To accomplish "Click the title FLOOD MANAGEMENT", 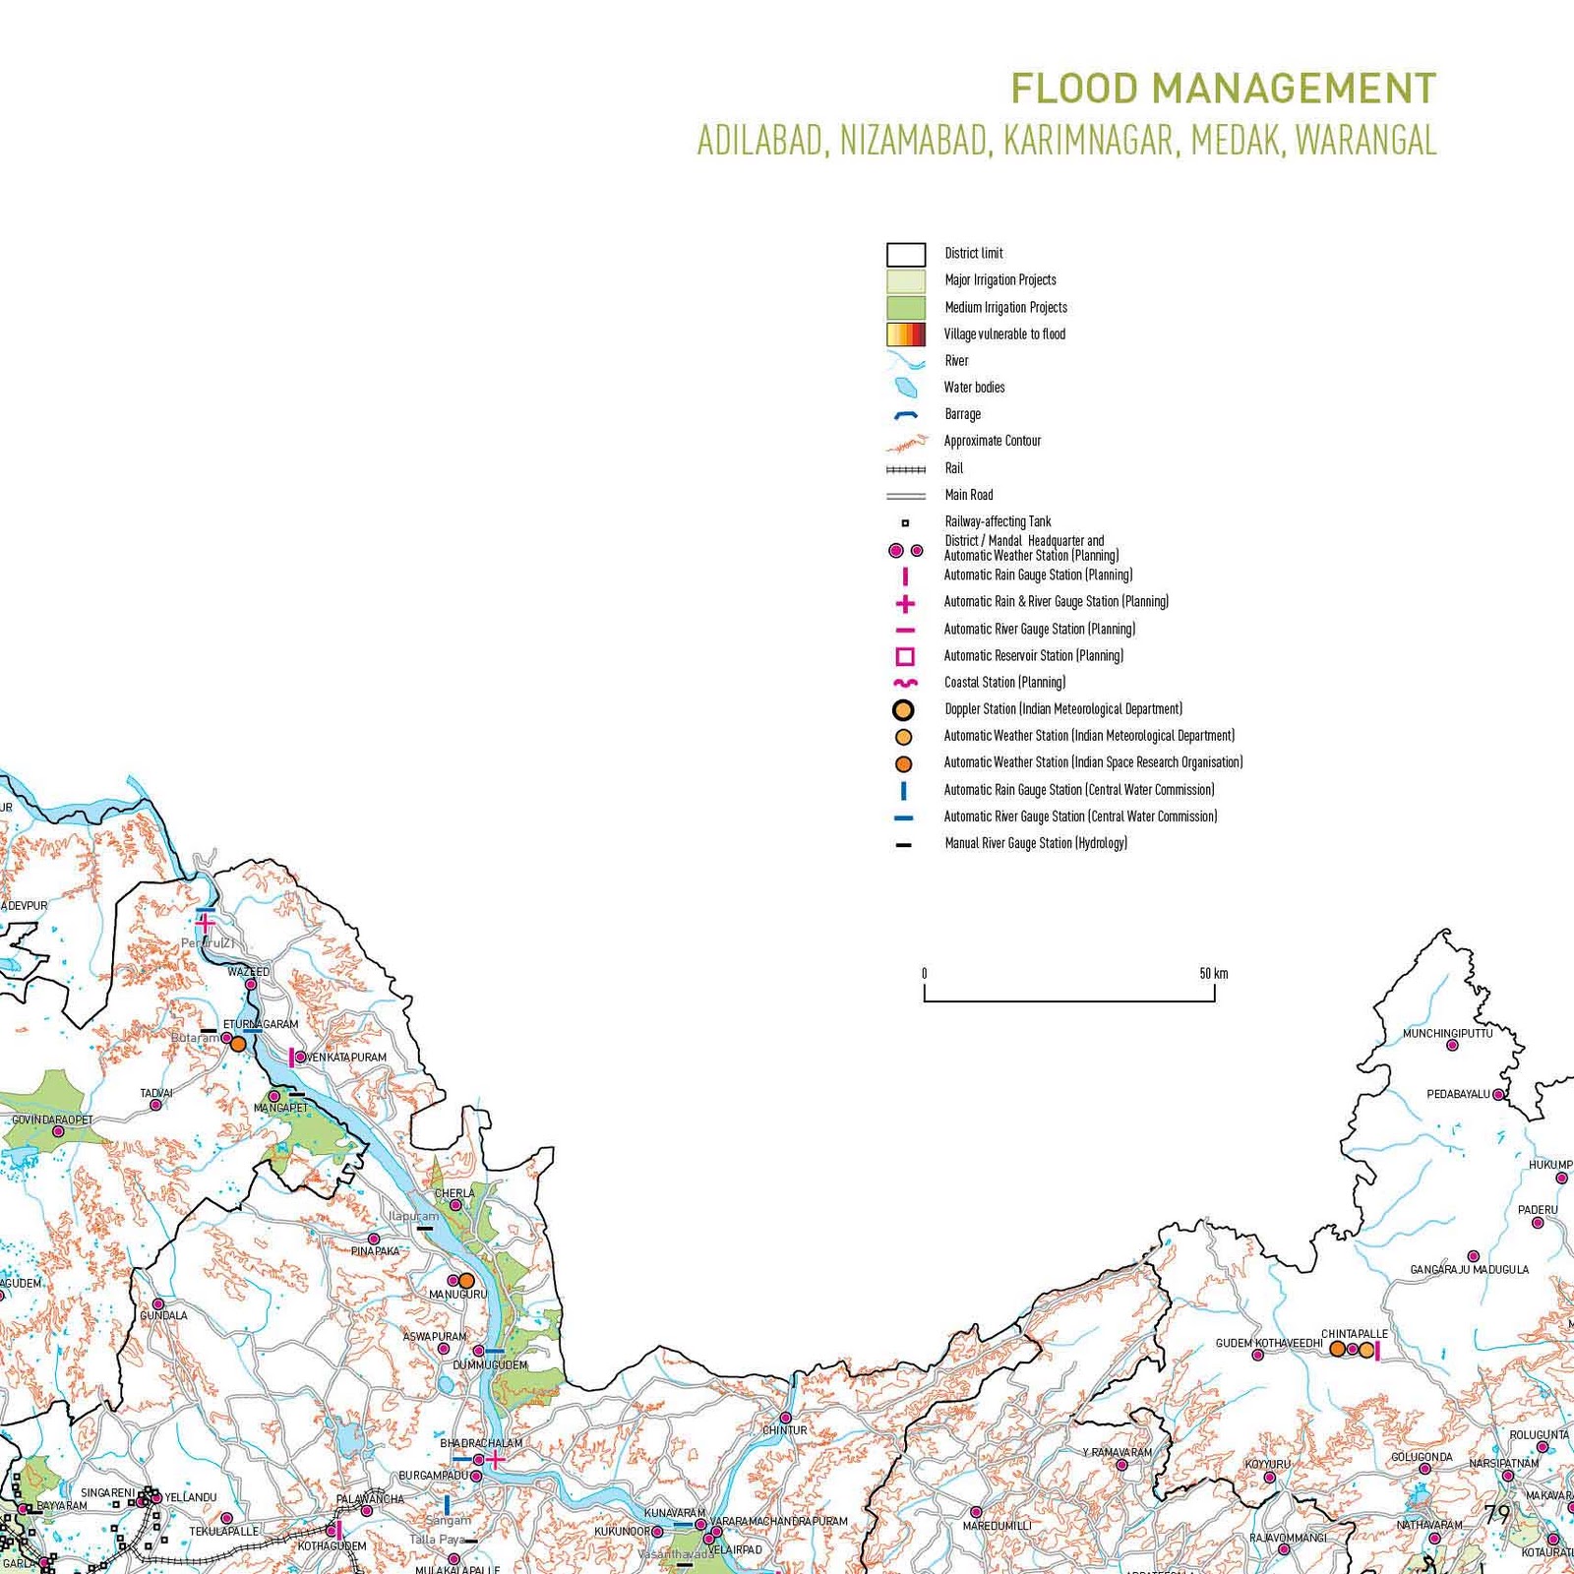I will point(1223,90).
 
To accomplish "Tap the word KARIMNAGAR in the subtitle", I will point(1089,141).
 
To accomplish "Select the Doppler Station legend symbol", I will point(902,709).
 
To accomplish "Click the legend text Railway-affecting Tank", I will point(998,521).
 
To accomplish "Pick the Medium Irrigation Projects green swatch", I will point(905,307).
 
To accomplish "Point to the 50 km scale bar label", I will point(1213,974).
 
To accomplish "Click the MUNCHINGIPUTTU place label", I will point(1447,1033).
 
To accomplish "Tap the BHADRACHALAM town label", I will point(481,1443).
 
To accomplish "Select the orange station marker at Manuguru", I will point(467,1281).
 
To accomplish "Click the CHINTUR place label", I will point(784,1430).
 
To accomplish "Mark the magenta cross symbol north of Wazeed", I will point(205,923).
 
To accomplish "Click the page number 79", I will point(1497,1514).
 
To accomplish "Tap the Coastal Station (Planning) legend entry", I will point(1004,682).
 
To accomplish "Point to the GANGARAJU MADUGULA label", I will point(1469,1270).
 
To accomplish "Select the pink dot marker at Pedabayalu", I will point(1498,1094).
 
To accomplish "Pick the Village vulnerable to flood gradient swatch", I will point(905,333).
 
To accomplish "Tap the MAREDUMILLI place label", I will point(997,1526).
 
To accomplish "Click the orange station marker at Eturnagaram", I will point(238,1044).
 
